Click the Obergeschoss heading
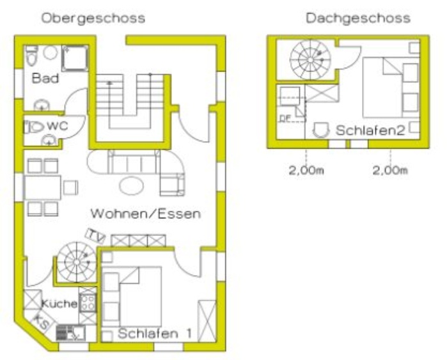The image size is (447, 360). pos(93,19)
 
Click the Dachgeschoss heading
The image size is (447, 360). pos(358,19)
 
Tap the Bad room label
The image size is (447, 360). pos(45,78)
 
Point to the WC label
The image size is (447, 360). pos(58,125)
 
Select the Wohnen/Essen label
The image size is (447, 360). pos(146,214)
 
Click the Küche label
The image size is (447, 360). pos(59,304)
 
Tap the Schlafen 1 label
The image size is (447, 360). pos(155,333)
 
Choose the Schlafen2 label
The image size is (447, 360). pos(370,130)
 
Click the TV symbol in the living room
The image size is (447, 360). pos(95,236)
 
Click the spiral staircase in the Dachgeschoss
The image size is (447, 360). pos(310,60)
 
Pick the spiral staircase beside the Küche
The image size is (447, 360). pos(76,262)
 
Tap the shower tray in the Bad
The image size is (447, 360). pos(75,58)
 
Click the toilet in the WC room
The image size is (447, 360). pos(34,127)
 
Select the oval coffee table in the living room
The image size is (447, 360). pos(132,186)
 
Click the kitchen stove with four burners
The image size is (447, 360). pos(88,303)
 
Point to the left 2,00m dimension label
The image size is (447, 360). pos(306,171)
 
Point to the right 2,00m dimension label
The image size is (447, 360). pos(390,171)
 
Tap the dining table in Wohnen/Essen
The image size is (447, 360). pos(42,187)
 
